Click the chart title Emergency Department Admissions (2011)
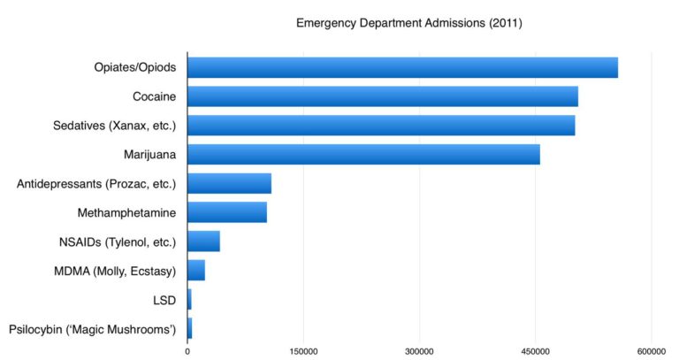pos(409,23)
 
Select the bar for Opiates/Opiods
pos(402,67)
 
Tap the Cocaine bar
pos(382,96)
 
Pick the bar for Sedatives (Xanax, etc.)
pos(381,126)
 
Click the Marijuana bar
pos(363,154)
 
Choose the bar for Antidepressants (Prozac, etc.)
pos(229,183)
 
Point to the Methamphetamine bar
pos(227,212)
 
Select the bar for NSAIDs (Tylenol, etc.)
pos(203,241)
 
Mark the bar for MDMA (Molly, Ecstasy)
pos(196,271)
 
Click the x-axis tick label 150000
pos(303,352)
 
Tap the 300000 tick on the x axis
pos(420,352)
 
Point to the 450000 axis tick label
pos(536,352)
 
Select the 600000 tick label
pos(652,352)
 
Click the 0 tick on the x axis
pos(187,352)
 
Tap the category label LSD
pos(164,300)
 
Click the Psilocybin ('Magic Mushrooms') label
pos(93,329)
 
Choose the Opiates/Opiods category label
pos(135,67)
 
